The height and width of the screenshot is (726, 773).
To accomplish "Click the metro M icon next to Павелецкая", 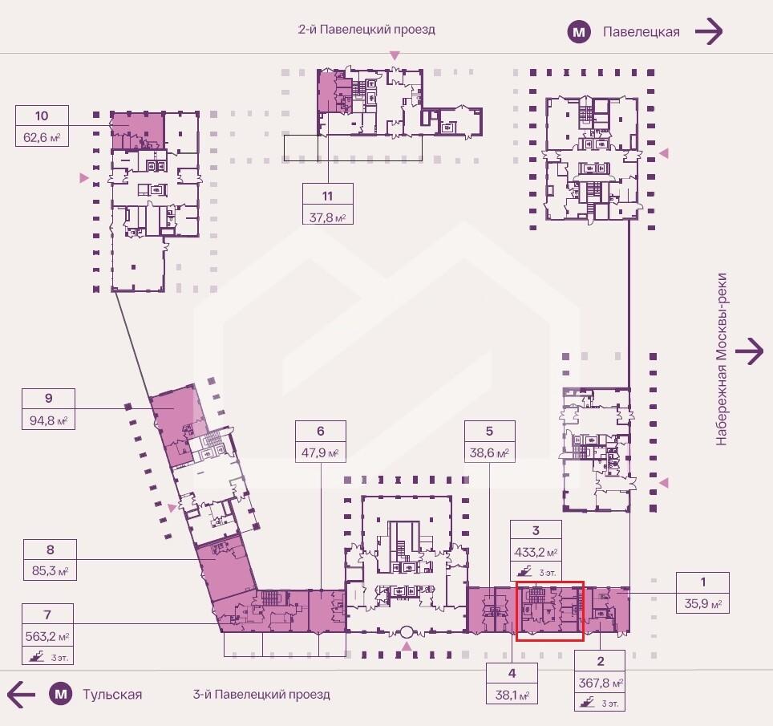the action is (x=579, y=32).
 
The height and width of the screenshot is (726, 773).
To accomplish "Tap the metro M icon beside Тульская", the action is (x=61, y=695).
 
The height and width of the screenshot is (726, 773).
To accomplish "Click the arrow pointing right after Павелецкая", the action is (x=709, y=31).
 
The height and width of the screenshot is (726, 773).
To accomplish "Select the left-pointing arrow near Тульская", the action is (x=21, y=695).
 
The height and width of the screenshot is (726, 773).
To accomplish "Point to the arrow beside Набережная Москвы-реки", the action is (x=749, y=351).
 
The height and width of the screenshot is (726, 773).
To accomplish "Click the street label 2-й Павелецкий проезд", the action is (x=366, y=30).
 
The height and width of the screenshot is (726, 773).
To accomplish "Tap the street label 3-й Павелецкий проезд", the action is (x=261, y=695).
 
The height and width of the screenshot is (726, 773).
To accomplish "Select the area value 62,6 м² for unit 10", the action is (x=42, y=137).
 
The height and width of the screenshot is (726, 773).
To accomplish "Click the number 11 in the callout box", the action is (x=327, y=196).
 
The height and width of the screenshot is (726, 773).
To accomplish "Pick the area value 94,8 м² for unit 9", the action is (x=48, y=420).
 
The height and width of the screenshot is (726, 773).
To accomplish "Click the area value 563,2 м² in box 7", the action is (x=47, y=636).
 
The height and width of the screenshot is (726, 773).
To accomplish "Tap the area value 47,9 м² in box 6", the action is (x=321, y=452).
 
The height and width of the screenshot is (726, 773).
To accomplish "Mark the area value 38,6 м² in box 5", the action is (x=489, y=452).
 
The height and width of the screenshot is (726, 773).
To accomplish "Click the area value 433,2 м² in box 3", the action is (x=536, y=552).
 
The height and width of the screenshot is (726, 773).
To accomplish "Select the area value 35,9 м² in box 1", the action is (x=703, y=603).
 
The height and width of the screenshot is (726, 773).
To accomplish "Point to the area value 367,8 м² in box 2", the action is (x=601, y=683).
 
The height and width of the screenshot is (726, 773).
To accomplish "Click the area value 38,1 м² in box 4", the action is (x=512, y=695).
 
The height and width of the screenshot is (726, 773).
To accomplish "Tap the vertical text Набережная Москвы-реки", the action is (x=721, y=359).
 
